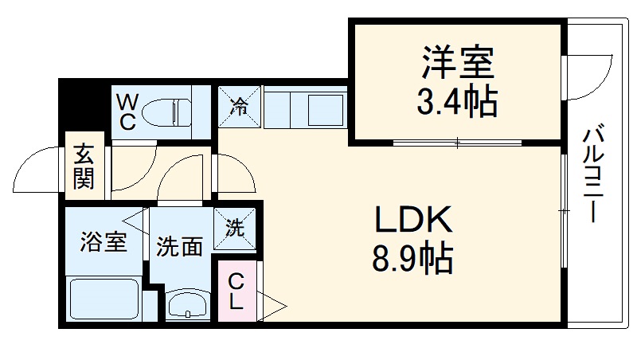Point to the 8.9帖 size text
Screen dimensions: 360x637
pyautogui.click(x=412, y=257)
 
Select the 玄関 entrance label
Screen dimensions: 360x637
pyautogui.click(x=83, y=166)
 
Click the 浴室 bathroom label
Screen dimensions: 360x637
pyautogui.click(x=103, y=241)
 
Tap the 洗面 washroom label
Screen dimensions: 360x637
pyautogui.click(x=178, y=247)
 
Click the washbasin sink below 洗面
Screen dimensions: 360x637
pyautogui.click(x=188, y=304)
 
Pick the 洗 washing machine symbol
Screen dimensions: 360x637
pyautogui.click(x=235, y=227)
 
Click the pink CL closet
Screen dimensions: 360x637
pyautogui.click(x=237, y=292)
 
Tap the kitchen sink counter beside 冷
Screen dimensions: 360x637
pyautogui.click(x=306, y=108)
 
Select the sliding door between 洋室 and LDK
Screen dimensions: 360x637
pyautogui.click(x=458, y=144)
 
